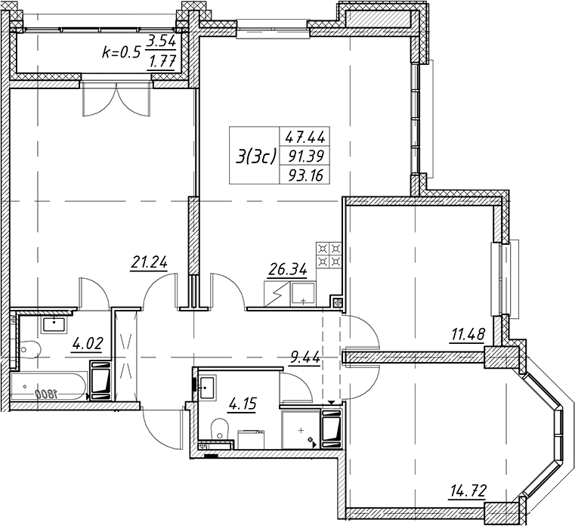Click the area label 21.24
tap(150, 263)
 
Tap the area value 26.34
tap(287, 270)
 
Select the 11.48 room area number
tap(467, 335)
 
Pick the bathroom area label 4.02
tap(88, 345)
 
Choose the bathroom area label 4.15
tap(242, 404)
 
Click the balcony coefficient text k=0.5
tap(121, 53)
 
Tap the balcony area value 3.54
tap(162, 42)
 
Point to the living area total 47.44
tap(305, 138)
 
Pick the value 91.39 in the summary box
tap(305, 156)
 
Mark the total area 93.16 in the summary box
tap(305, 175)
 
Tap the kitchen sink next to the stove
tap(303, 294)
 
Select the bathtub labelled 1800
tap(48, 386)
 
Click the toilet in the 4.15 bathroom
tap(220, 428)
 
